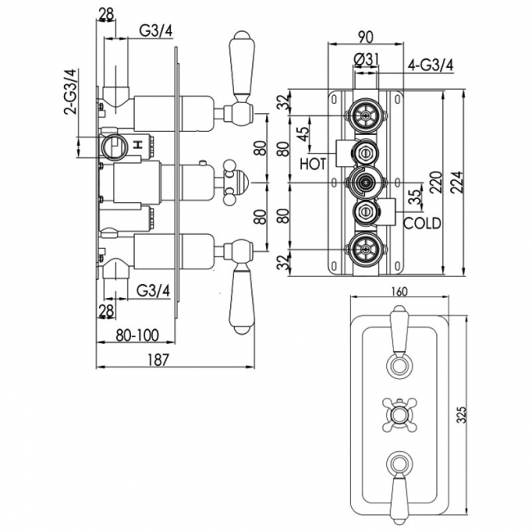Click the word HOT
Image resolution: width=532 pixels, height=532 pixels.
tap(313, 164)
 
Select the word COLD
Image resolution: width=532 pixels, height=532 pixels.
tap(422, 223)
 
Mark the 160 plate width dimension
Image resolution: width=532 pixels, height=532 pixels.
tap(400, 291)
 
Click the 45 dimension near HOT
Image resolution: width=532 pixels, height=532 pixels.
tap(304, 133)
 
